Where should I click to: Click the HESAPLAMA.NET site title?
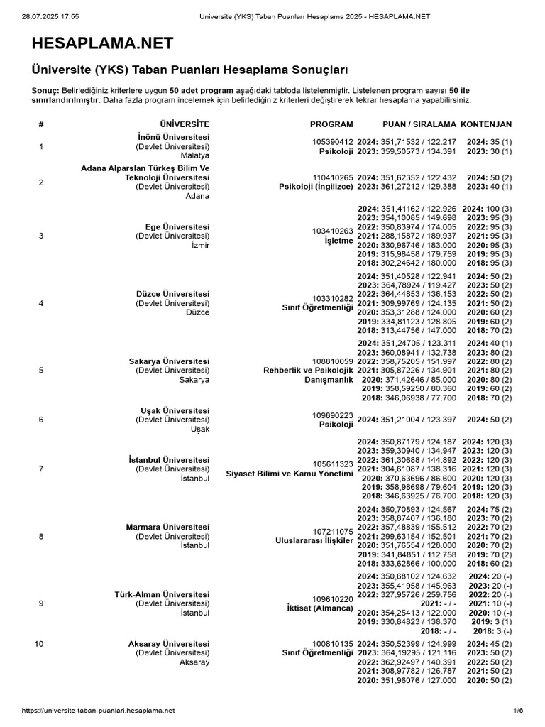[x=102, y=44]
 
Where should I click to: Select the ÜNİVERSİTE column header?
[x=185, y=124]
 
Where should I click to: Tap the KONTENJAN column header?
[x=486, y=124]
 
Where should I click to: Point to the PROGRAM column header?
[x=331, y=124]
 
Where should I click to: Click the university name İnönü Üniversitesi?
[x=173, y=136]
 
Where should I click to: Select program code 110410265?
[x=333, y=177]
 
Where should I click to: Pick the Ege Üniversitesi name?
[x=177, y=226]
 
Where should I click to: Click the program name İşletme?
[x=338, y=241]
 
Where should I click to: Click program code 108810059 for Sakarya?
[x=333, y=361]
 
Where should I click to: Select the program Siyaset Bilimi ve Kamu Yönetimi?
[x=289, y=474]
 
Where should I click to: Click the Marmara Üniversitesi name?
[x=167, y=527]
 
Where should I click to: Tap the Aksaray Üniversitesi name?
[x=169, y=643]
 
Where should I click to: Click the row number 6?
[x=41, y=420]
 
